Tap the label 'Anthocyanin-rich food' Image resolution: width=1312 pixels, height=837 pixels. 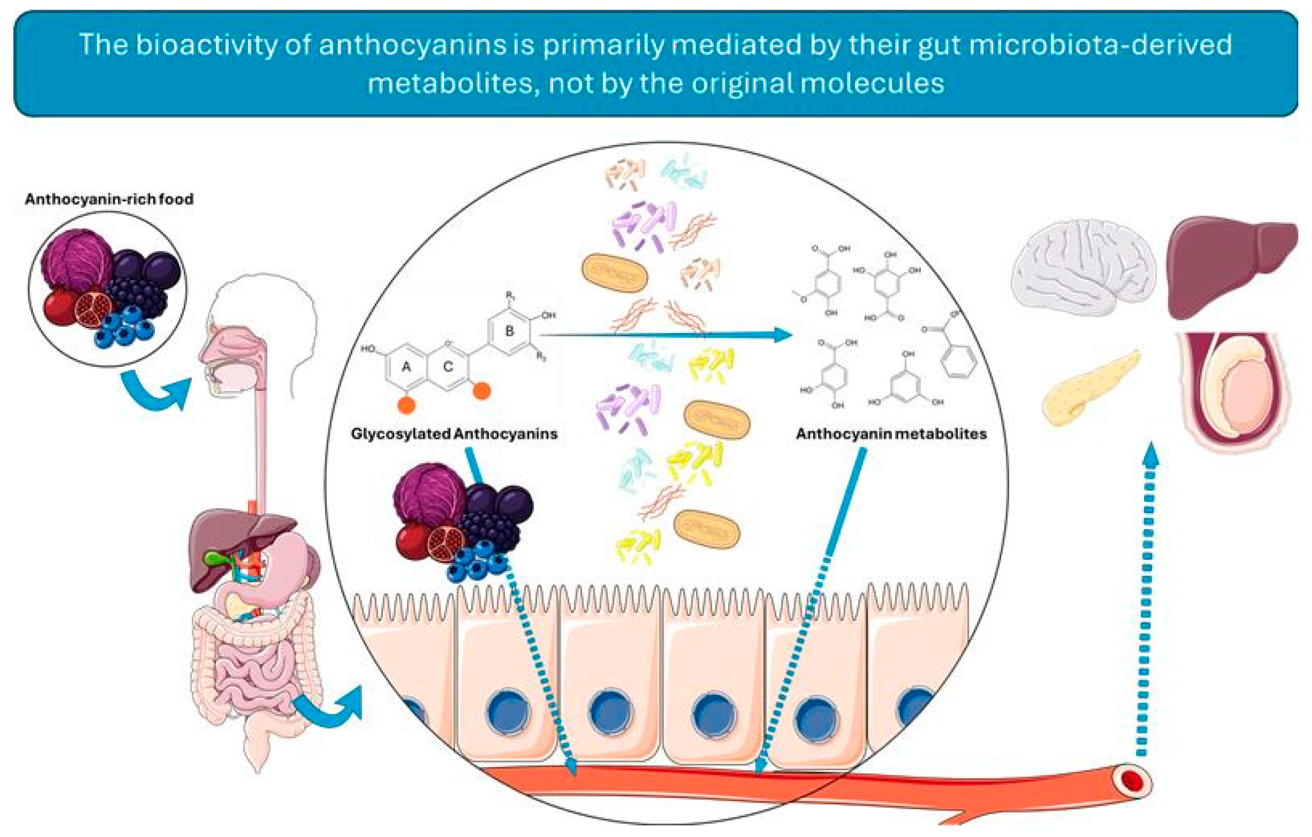pos(109,199)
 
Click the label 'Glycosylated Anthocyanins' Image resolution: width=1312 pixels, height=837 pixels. pos(454,434)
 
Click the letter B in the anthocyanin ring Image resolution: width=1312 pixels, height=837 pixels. pos(509,331)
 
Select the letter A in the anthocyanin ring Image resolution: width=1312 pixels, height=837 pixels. pos(406,367)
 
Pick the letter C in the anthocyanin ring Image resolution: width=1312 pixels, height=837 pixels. pos(448,367)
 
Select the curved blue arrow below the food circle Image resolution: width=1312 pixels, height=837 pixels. pos(155,390)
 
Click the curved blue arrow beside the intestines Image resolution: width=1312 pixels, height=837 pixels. pos(329,708)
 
